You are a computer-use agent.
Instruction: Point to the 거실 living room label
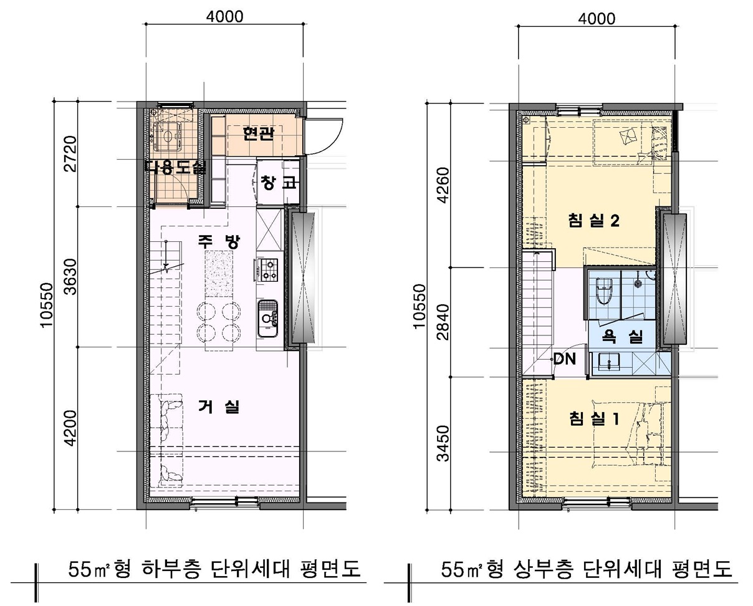coord(218,407)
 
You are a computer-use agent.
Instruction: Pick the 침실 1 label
coord(593,418)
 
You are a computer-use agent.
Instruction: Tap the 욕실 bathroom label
coord(621,337)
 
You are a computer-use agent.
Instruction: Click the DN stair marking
coord(565,359)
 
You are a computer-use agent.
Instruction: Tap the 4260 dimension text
coord(443,185)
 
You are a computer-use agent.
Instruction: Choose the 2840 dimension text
coord(443,322)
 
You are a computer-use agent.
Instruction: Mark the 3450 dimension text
coord(443,443)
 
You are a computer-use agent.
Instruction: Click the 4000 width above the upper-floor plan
coord(596,18)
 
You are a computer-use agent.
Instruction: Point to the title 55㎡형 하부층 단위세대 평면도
coord(214,569)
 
